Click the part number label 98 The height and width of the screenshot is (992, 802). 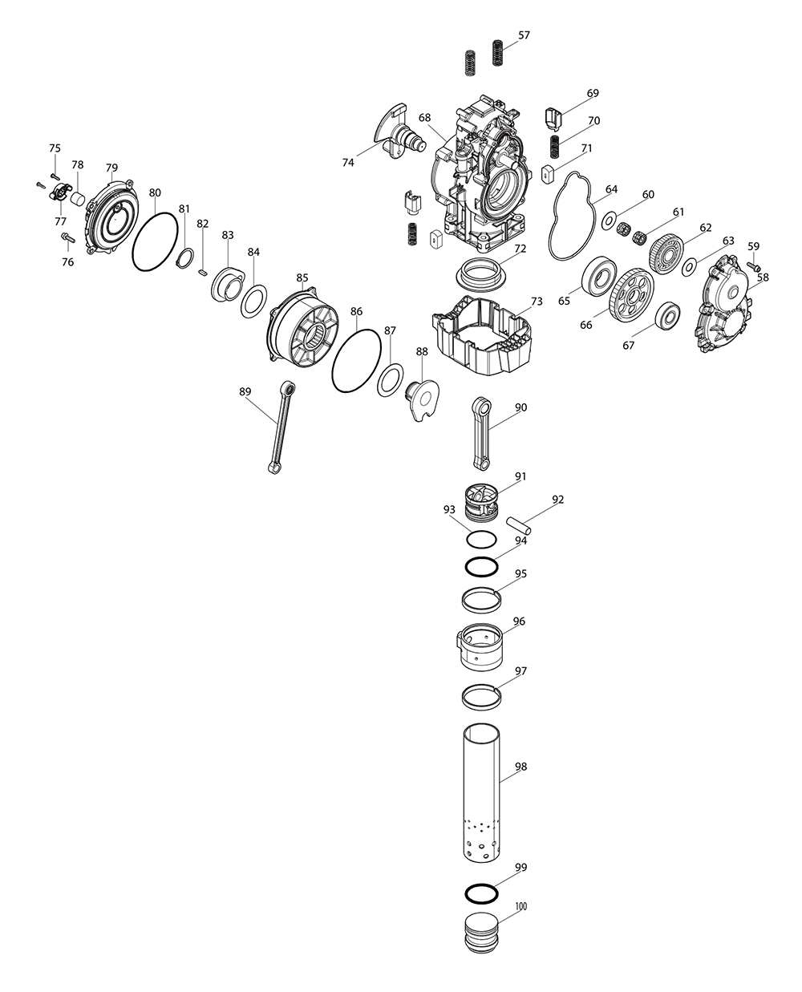(521, 767)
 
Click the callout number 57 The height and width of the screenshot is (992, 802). (524, 35)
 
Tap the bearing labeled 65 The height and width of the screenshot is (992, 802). (598, 274)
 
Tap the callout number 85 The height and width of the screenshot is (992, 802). (302, 278)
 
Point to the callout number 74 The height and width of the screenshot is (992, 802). (347, 162)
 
